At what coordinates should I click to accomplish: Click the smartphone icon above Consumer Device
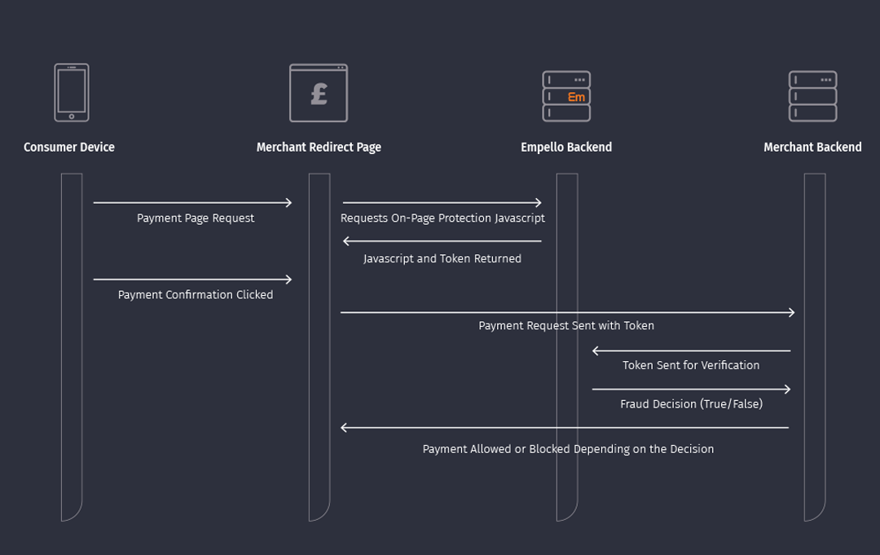click(72, 92)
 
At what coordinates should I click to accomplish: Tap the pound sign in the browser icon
click(319, 95)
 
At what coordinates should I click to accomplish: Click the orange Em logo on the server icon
click(576, 97)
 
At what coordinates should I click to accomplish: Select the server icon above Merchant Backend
click(812, 96)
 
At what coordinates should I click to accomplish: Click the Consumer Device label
click(69, 148)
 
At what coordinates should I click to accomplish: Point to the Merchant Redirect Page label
click(319, 148)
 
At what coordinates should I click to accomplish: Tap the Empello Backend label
click(566, 148)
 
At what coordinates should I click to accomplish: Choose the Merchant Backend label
click(812, 148)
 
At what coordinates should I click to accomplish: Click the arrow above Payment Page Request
click(192, 203)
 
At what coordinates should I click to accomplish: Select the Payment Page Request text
click(196, 218)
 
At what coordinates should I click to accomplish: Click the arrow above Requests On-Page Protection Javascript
click(442, 203)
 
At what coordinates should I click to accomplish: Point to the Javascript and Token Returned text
click(442, 258)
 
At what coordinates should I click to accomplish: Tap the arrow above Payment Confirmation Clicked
click(192, 280)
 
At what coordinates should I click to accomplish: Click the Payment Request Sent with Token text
click(566, 325)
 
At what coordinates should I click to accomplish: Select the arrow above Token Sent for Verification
click(691, 351)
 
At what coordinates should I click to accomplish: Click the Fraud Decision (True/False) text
click(691, 404)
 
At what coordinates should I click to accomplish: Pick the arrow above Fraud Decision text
click(691, 390)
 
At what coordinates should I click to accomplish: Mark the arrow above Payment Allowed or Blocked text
click(565, 428)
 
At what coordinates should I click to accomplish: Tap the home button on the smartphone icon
click(72, 117)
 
